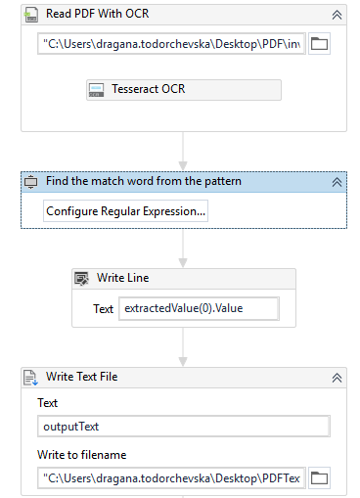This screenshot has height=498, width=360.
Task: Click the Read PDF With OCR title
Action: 97,14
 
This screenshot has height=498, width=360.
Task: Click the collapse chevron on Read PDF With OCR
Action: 337,15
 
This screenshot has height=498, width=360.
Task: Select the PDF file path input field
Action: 171,44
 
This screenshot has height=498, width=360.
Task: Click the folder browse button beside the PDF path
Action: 319,44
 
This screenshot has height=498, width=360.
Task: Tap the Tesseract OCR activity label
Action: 149,89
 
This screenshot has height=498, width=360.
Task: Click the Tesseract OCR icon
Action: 97,90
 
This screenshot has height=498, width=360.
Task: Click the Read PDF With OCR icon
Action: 31,15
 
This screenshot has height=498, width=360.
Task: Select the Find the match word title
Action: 144,181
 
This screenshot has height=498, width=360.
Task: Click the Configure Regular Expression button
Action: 125,211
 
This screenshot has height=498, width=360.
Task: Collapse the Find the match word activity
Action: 337,182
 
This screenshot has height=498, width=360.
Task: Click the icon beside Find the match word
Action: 31,182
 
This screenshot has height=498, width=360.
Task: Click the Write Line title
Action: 123,278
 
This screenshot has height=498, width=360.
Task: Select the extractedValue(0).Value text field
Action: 199,308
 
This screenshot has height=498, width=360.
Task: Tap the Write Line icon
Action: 81,279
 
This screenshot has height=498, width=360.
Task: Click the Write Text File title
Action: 82,377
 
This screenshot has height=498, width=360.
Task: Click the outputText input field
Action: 184,427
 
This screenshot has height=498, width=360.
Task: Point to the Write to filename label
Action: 82,455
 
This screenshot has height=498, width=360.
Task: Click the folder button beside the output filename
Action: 319,478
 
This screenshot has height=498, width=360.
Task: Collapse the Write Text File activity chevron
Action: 337,378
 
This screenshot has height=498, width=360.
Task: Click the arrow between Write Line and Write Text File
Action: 183,347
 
